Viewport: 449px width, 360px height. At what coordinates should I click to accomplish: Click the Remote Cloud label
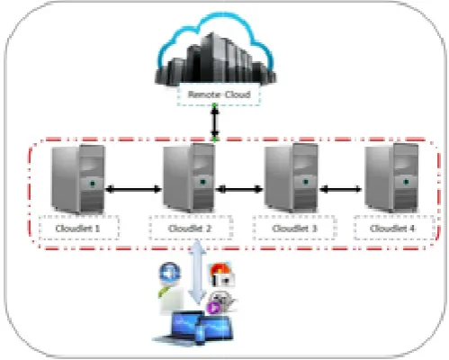[x=219, y=94]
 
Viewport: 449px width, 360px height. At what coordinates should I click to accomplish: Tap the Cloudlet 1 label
[x=77, y=229]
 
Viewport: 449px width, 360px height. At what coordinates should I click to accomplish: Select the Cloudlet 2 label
[x=190, y=229]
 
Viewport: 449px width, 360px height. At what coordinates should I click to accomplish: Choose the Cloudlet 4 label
[x=392, y=229]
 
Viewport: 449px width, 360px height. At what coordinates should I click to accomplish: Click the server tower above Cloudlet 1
[x=78, y=179]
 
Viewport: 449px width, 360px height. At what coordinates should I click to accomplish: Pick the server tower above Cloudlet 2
[x=189, y=177]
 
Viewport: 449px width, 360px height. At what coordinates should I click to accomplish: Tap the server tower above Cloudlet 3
[x=292, y=177]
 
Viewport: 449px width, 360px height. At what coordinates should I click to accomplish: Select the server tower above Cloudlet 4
[x=391, y=177]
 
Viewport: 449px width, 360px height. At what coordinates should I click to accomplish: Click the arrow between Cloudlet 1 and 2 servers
[x=134, y=189]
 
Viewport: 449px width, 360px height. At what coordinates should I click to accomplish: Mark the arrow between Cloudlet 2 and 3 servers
[x=239, y=189]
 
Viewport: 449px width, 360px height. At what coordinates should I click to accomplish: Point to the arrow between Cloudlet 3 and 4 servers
[x=341, y=189]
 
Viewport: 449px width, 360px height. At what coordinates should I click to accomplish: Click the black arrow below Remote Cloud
[x=215, y=122]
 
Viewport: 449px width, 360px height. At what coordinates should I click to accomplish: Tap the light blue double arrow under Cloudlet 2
[x=197, y=272]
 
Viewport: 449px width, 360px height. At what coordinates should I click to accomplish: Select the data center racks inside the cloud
[x=215, y=60]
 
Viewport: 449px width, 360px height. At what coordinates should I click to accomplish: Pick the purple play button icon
[x=214, y=308]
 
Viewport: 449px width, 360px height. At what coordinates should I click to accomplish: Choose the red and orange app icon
[x=222, y=274]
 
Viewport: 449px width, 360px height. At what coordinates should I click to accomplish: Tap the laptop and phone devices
[x=193, y=328]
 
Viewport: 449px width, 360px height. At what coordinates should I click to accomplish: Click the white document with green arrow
[x=171, y=300]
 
